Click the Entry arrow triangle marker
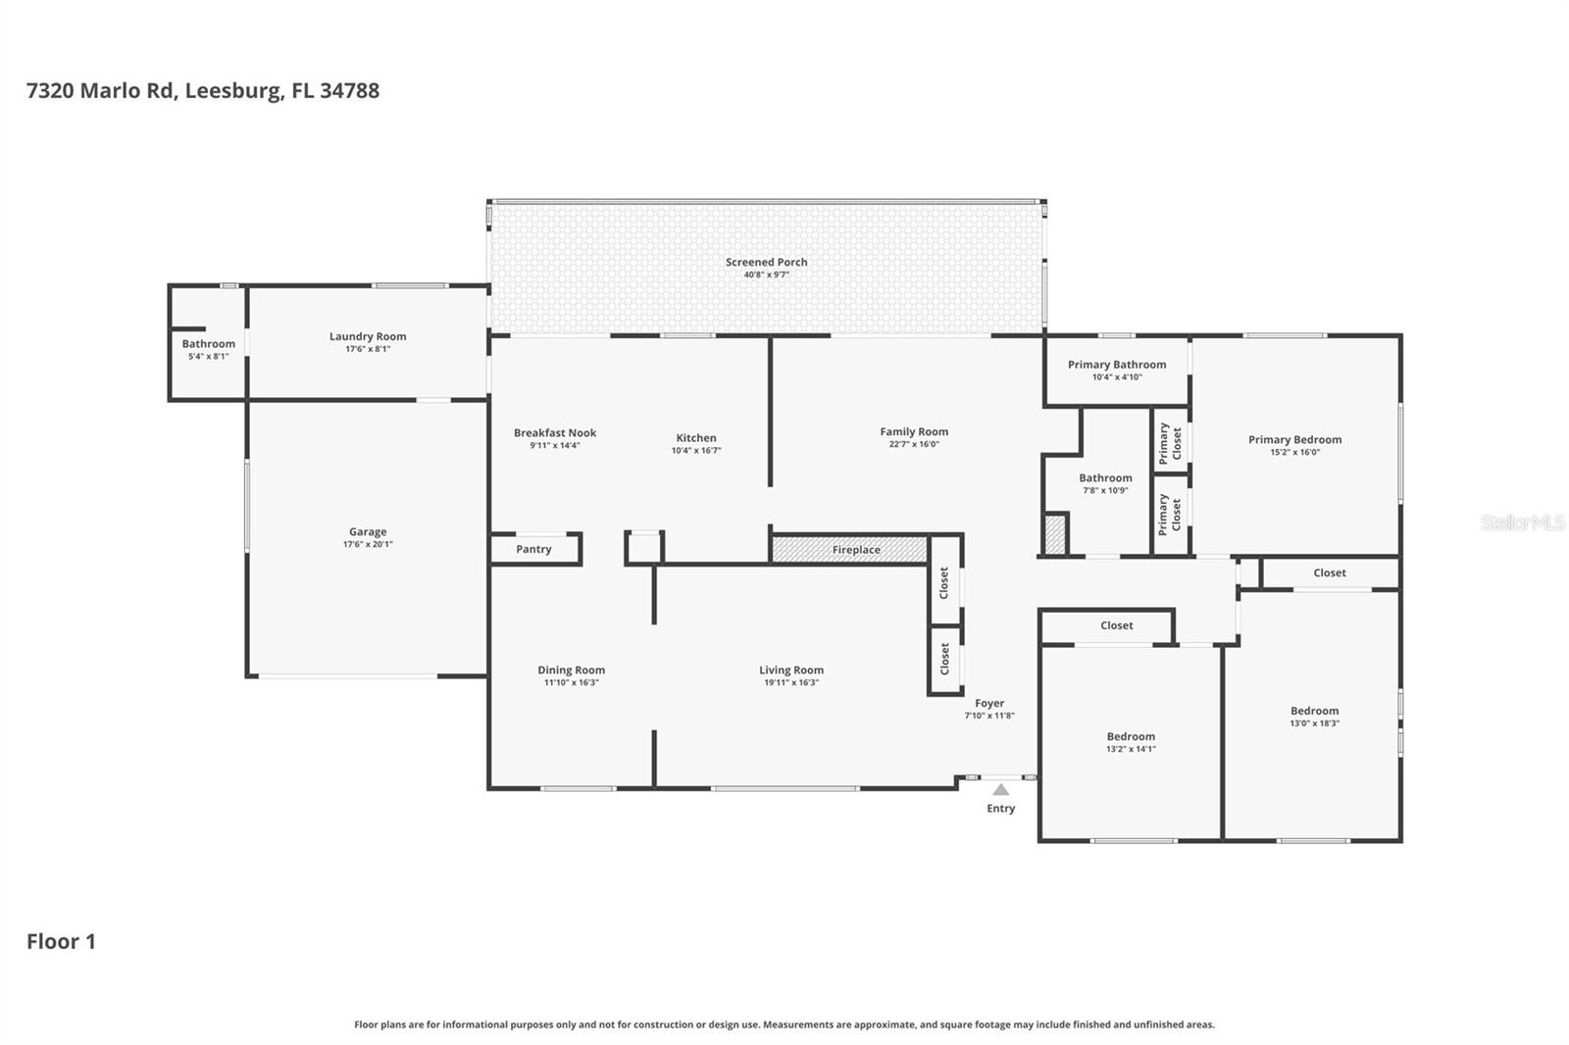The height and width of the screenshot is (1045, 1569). coord(1001,790)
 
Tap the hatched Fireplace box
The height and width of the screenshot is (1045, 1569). coord(849,550)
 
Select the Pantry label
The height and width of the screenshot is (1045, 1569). coord(533,549)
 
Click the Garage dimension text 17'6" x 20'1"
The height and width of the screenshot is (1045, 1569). coord(368,544)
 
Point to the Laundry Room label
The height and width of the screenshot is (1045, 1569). coord(368,336)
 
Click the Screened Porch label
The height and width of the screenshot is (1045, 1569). coord(766,262)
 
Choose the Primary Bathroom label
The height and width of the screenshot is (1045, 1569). coord(1117,365)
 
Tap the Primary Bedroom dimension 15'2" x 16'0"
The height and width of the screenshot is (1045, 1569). coord(1295,453)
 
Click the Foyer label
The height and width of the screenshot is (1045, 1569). coord(989,703)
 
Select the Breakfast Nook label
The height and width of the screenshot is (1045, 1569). coord(555,433)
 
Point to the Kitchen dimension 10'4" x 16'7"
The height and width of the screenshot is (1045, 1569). coord(696,450)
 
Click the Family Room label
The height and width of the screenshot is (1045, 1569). coord(914,431)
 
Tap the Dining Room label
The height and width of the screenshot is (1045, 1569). coord(571,671)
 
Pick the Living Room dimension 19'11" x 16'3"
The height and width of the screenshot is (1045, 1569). coord(791,683)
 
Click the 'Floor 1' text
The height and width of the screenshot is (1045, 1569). coord(61,941)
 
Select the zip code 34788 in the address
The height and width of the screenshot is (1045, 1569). coord(349,90)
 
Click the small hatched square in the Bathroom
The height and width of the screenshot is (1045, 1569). coord(1055,534)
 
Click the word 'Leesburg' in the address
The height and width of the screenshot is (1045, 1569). coord(234,91)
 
